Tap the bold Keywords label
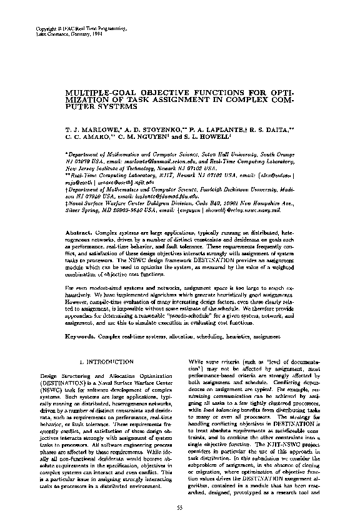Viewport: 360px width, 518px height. pos(81,337)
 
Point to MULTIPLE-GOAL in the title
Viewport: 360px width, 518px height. pos(94,93)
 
